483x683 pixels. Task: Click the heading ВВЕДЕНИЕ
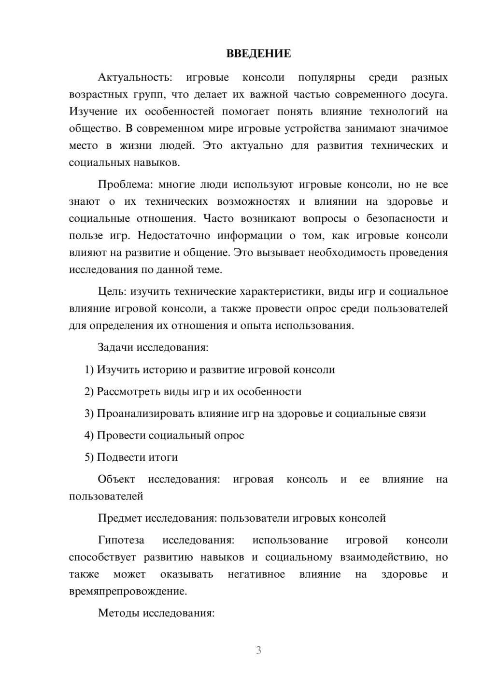[258, 54]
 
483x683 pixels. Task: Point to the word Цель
[112, 292]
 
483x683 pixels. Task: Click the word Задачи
[116, 347]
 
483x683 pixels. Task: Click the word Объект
[116, 479]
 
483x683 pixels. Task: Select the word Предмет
[120, 518]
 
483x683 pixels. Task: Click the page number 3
[258, 650]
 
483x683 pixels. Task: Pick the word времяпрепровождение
[128, 591]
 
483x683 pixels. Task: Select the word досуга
[428, 94]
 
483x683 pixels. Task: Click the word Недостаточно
[174, 236]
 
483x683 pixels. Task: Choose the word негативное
[256, 574]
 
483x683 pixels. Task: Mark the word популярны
[327, 77]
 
